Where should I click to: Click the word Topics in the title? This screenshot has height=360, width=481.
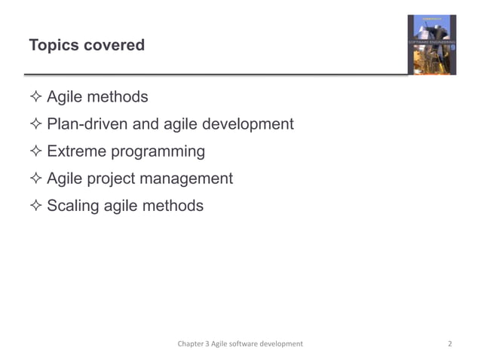[54, 45]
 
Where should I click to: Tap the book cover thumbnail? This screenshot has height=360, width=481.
[432, 44]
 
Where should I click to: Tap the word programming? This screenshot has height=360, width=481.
[158, 152]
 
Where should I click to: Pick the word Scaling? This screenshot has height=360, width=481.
[74, 206]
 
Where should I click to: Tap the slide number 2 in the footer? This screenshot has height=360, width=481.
[449, 343]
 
